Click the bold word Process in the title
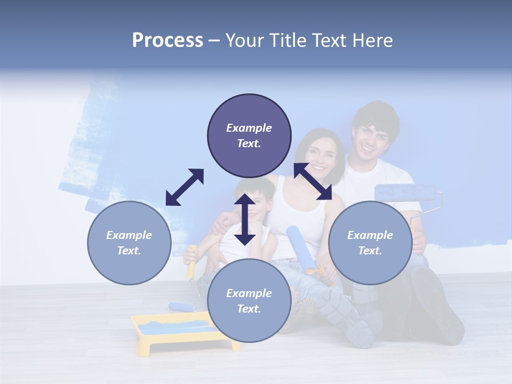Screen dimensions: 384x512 tap(167, 41)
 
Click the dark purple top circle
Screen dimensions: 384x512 tap(249, 135)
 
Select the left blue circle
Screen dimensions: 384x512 tap(129, 243)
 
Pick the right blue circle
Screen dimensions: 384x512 tap(370, 243)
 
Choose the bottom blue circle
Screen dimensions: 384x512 tap(249, 301)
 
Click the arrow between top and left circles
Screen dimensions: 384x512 tap(185, 187)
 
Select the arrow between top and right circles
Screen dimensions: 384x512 tap(313, 181)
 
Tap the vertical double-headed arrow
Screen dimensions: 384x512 tap(245, 219)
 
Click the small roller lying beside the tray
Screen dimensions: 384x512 tap(181, 307)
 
